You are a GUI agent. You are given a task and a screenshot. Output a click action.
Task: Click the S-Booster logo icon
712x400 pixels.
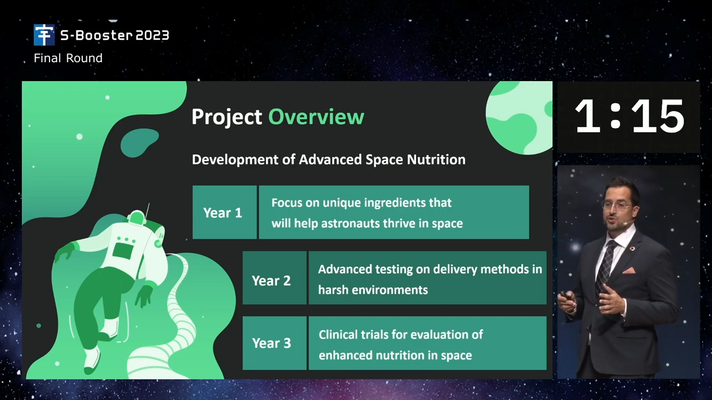point(44,35)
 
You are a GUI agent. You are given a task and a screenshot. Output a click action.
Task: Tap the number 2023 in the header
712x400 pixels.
point(152,36)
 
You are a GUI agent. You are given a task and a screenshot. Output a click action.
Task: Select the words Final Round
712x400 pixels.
point(68,58)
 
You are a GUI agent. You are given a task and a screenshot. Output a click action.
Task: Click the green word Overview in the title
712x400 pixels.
point(317,117)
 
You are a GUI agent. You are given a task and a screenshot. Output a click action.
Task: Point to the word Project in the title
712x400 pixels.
point(226,117)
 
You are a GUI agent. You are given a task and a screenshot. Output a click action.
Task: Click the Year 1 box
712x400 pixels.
point(224,212)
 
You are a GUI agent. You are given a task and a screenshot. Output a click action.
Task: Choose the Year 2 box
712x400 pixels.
point(275,278)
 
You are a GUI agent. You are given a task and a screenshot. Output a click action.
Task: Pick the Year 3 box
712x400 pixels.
point(275,343)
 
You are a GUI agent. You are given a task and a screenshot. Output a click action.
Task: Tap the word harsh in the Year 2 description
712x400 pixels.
point(333,290)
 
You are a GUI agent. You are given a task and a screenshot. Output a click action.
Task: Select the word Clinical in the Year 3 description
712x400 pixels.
point(338,334)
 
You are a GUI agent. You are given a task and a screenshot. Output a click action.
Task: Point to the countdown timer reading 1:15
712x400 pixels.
point(629,116)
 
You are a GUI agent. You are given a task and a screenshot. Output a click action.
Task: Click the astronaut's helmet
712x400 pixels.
point(137,218)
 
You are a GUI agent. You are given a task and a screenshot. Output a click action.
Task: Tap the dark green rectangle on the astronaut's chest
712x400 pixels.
point(123,251)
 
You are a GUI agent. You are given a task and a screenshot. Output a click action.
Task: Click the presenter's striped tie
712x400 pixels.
point(606,266)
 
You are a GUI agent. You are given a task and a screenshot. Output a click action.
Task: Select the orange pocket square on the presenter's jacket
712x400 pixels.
point(629,271)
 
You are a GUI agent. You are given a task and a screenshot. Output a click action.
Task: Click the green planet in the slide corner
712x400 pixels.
point(519,118)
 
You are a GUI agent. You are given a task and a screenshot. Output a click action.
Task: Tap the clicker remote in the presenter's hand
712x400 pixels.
point(566,295)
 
